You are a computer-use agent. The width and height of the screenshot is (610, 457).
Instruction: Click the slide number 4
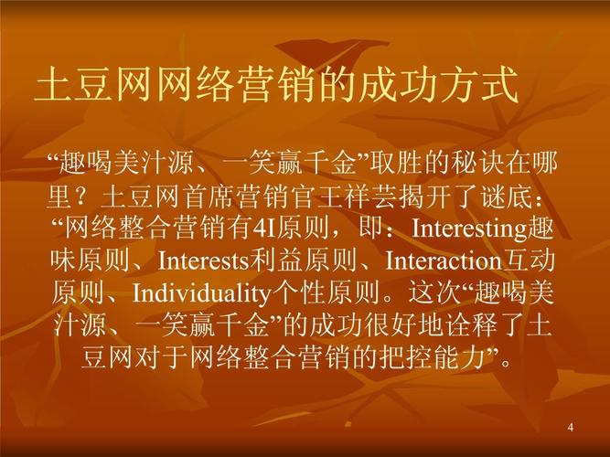[571, 427]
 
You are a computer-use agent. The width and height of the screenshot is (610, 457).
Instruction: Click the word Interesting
[469, 229]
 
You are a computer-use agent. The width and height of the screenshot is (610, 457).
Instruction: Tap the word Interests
[203, 261]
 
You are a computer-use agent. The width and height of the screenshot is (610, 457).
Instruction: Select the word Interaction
[444, 261]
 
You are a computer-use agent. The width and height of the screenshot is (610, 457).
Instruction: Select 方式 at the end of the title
[478, 85]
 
